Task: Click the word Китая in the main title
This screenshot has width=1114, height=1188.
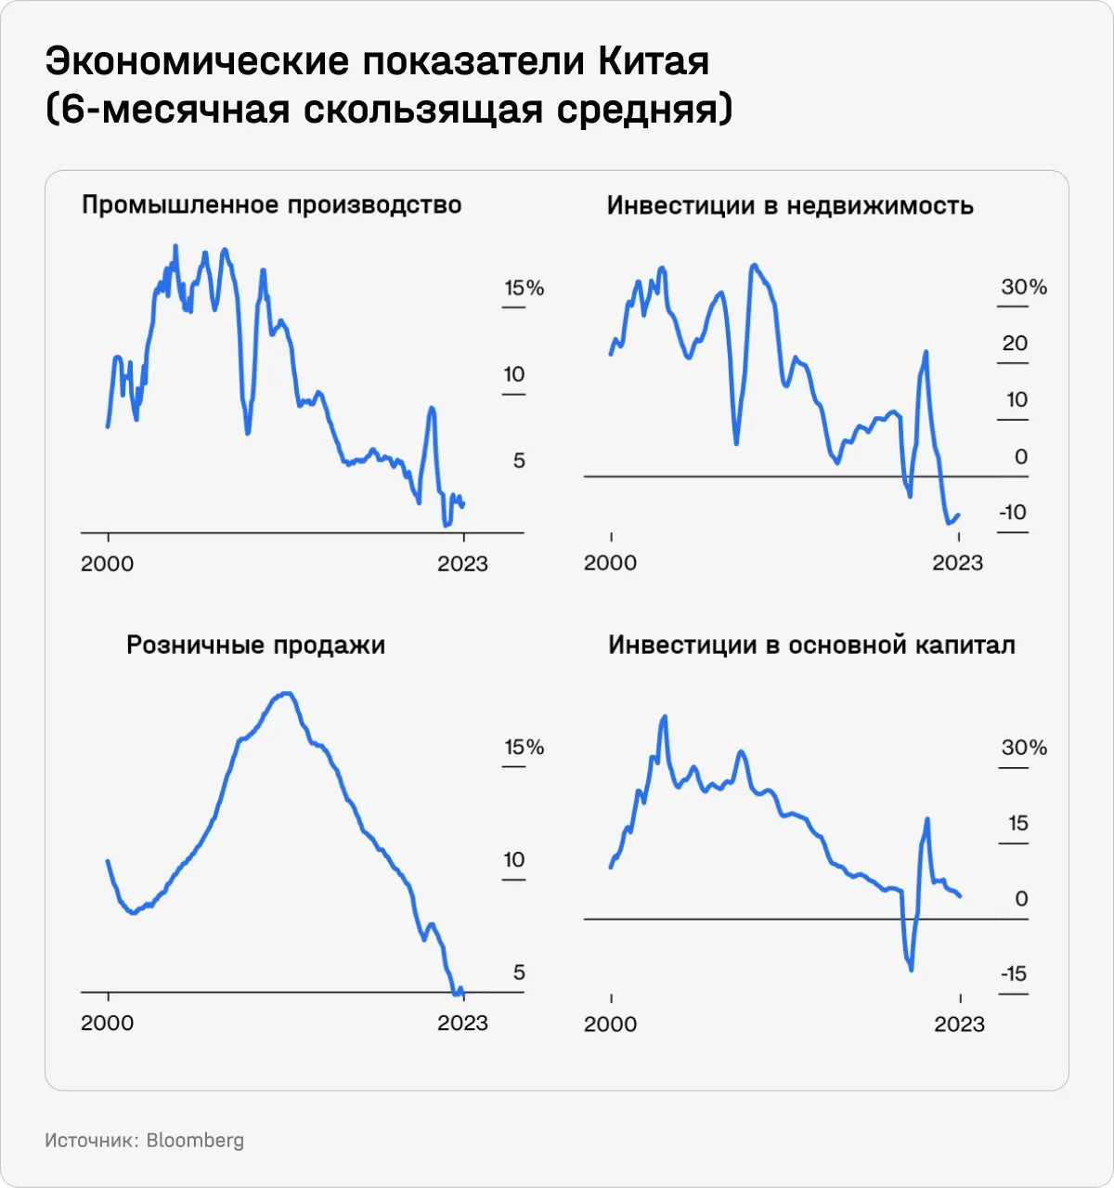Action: point(654,61)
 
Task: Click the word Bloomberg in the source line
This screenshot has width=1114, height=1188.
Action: point(195,1140)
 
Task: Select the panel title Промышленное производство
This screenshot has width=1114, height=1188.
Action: point(271,204)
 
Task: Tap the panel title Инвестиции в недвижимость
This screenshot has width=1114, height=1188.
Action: point(790,205)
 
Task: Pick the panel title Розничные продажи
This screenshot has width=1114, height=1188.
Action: point(255,645)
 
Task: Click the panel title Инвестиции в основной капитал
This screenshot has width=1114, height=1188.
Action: point(811,645)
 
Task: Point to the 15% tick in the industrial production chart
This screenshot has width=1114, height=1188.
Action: point(524,288)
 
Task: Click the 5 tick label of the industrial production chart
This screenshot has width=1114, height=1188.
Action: point(519,460)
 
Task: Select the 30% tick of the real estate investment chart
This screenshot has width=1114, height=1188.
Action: point(1024,287)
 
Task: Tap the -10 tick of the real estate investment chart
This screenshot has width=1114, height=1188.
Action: point(1013,512)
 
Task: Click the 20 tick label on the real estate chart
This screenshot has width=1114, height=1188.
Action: point(1015,344)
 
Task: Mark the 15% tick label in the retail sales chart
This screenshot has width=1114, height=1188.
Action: point(524,747)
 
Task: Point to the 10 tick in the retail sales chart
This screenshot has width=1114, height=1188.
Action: point(514,859)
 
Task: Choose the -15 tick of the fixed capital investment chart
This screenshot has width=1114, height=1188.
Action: point(1014,973)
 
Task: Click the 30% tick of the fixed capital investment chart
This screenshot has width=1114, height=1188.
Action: point(1024,747)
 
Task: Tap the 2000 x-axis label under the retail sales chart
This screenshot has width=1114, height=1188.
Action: point(108,1023)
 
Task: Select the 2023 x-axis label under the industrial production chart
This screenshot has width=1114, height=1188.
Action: point(462,564)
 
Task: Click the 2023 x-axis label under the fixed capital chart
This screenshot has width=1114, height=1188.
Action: point(959,1024)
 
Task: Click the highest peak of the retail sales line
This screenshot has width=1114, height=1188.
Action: point(287,693)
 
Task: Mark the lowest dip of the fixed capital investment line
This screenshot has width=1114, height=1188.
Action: point(911,970)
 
